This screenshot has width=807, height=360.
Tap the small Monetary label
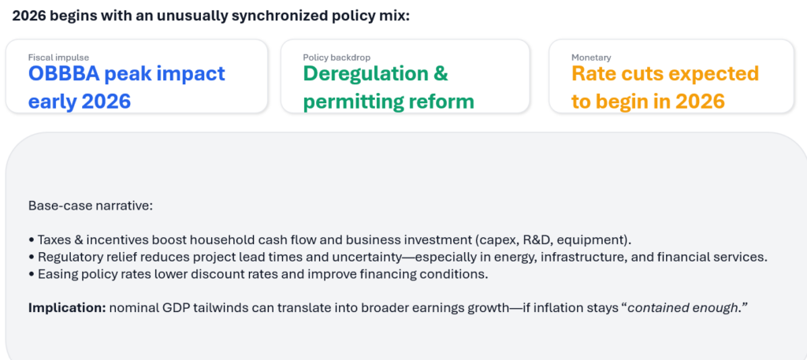tap(591, 58)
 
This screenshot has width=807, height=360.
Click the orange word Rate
tap(596, 74)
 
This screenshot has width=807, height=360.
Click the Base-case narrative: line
tap(90, 206)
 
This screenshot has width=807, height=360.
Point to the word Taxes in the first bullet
tap(51, 239)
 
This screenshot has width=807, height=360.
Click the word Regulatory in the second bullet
tap(67, 257)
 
